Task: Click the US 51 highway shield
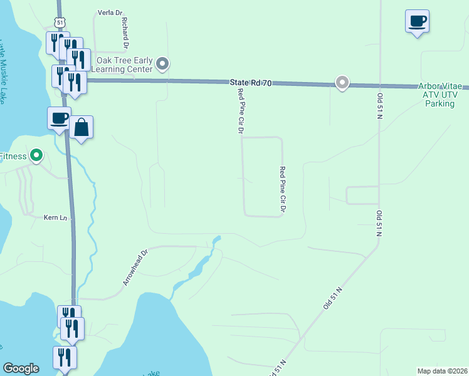tap(60, 23)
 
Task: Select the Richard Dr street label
tap(125, 33)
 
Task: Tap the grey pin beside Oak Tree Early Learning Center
tap(163, 64)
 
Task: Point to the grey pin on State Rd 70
tap(342, 82)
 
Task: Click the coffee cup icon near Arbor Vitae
tap(417, 22)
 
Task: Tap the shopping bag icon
tap(81, 128)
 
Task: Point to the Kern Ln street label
tap(55, 218)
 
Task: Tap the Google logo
tap(21, 368)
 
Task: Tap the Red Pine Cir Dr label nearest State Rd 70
tap(240, 111)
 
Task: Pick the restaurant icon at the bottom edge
tap(65, 358)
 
